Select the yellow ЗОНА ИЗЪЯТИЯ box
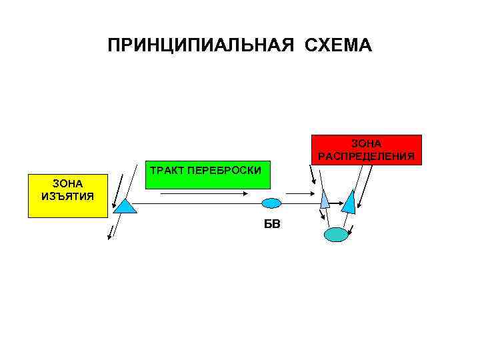(x=67, y=196)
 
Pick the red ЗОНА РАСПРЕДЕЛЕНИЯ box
(x=366, y=150)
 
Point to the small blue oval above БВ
(x=271, y=203)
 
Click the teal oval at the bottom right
(x=336, y=234)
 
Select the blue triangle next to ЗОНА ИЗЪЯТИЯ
(x=125, y=206)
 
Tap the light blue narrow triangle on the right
(x=325, y=199)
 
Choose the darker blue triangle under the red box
(x=349, y=200)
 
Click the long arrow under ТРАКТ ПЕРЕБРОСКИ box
(x=204, y=194)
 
